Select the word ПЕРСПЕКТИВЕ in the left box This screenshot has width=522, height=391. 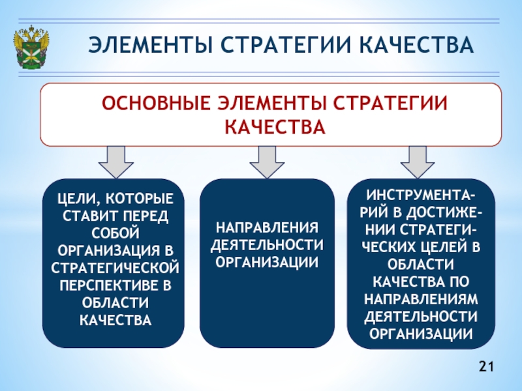click(108, 285)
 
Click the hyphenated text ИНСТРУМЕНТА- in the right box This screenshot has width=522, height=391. click(420, 195)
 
